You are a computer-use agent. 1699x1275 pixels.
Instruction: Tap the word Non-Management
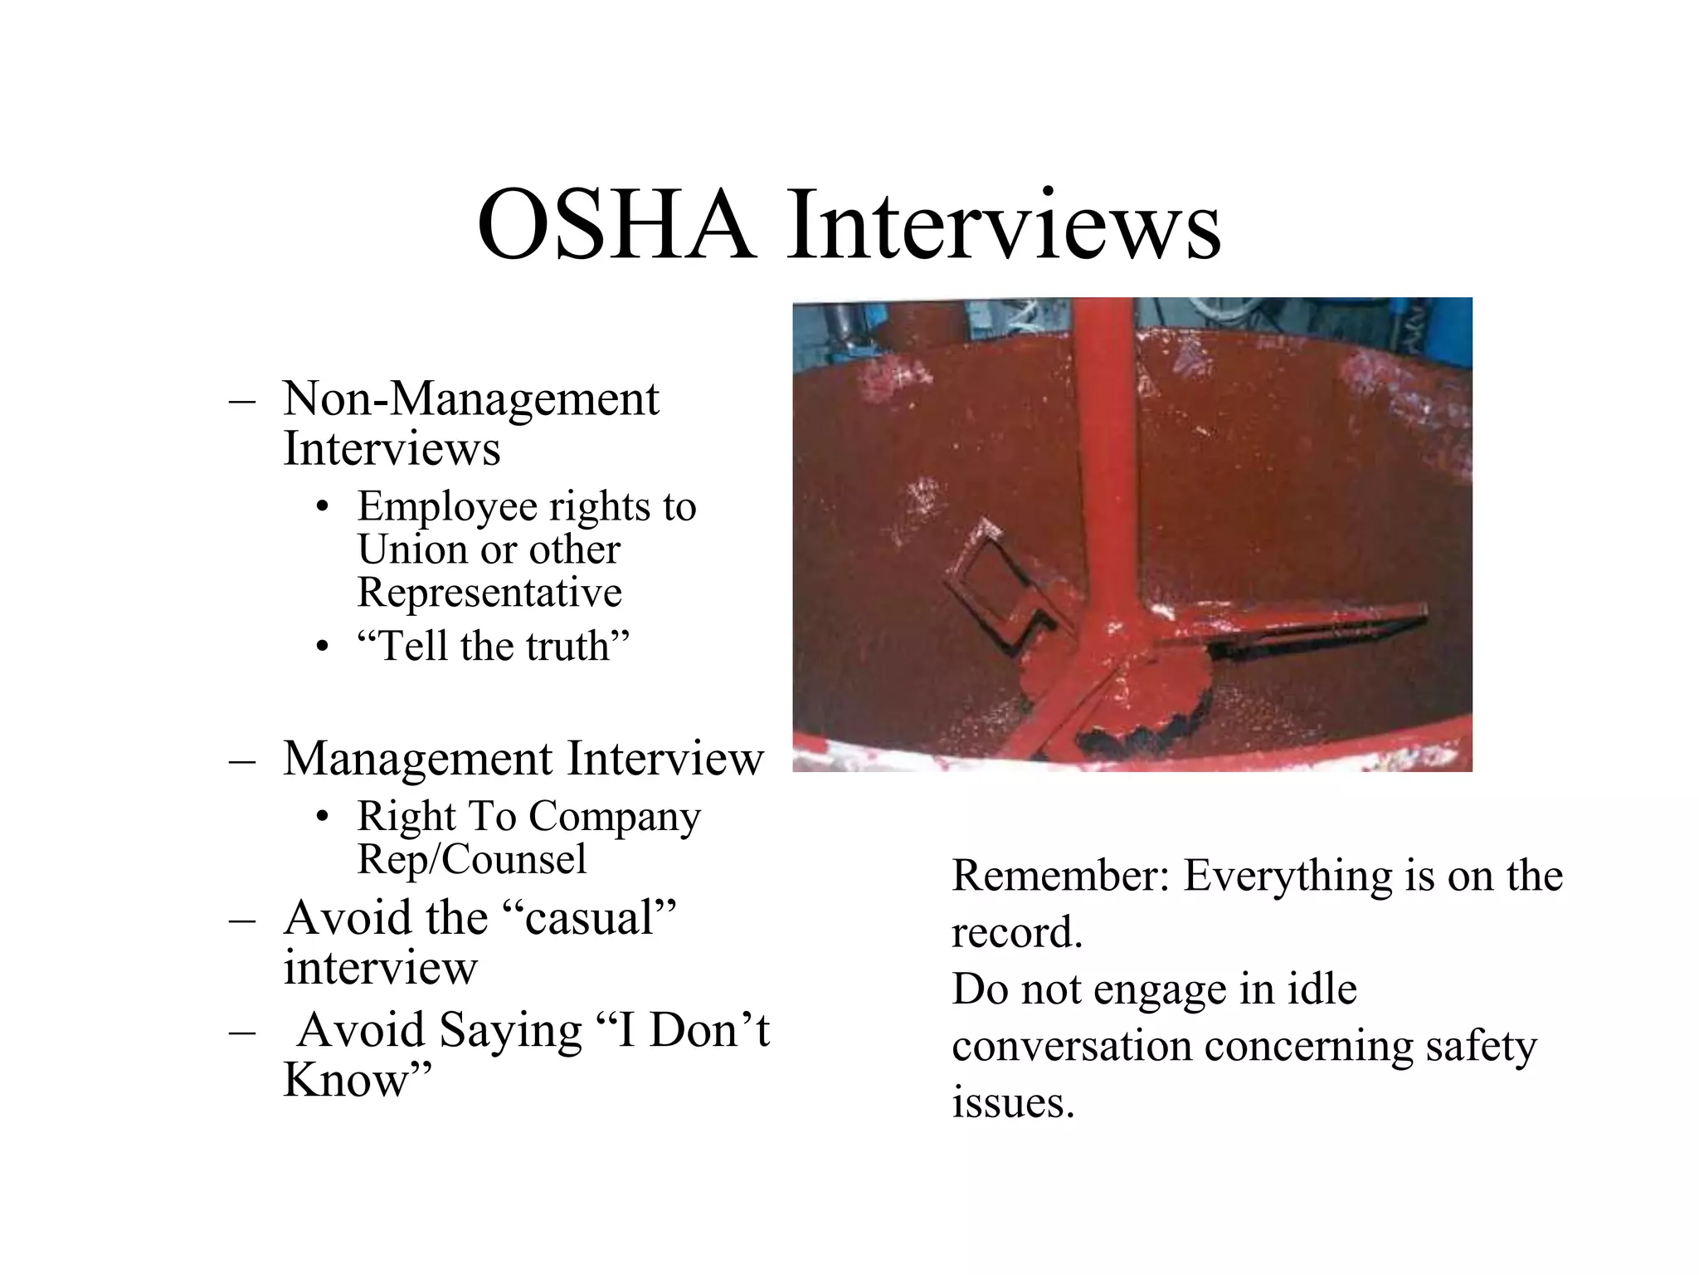[x=470, y=399]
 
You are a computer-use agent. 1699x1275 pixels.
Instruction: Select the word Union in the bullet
[x=411, y=550]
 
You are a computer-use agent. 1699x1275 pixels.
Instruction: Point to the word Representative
[x=489, y=593]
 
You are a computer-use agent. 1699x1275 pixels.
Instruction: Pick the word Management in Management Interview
[x=417, y=759]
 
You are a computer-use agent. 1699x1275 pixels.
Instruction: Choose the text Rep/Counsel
[x=471, y=859]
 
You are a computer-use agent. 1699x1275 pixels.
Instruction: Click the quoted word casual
[x=590, y=918]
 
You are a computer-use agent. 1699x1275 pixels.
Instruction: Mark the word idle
[x=1319, y=989]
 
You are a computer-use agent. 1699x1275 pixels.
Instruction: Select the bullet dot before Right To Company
[x=324, y=817]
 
